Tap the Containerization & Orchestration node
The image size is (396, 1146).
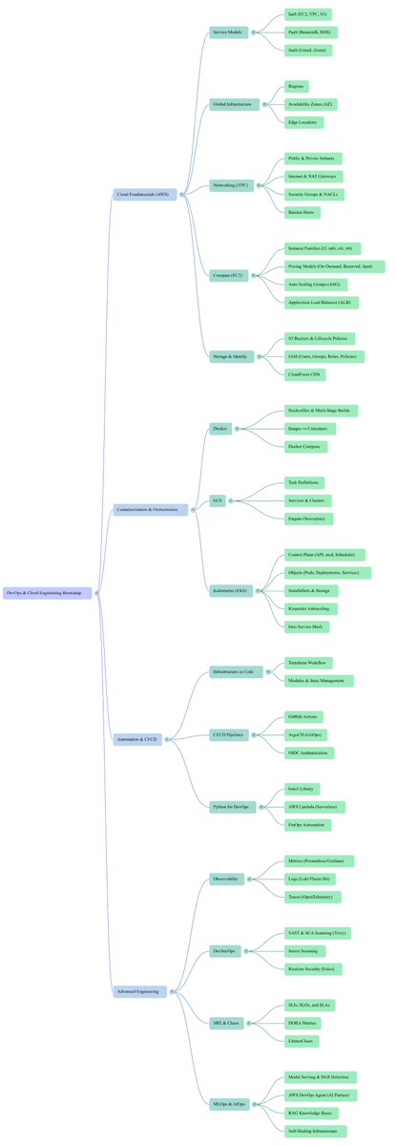[x=151, y=509]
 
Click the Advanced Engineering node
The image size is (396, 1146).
[x=139, y=991]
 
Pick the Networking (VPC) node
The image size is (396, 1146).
[x=229, y=185]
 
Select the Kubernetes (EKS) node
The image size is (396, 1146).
[x=229, y=591]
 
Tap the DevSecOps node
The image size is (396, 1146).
[x=225, y=951]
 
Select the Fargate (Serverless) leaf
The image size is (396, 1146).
[x=309, y=519]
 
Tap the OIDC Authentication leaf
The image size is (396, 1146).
[x=311, y=753]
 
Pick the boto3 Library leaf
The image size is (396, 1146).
[x=303, y=789]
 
